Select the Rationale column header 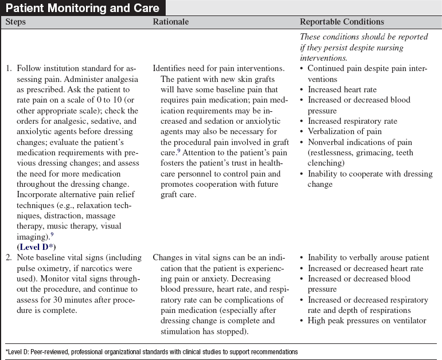[171, 22]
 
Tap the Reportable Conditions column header [342, 22]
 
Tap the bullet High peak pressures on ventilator [367, 320]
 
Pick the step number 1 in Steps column [9, 69]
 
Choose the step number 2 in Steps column [9, 258]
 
